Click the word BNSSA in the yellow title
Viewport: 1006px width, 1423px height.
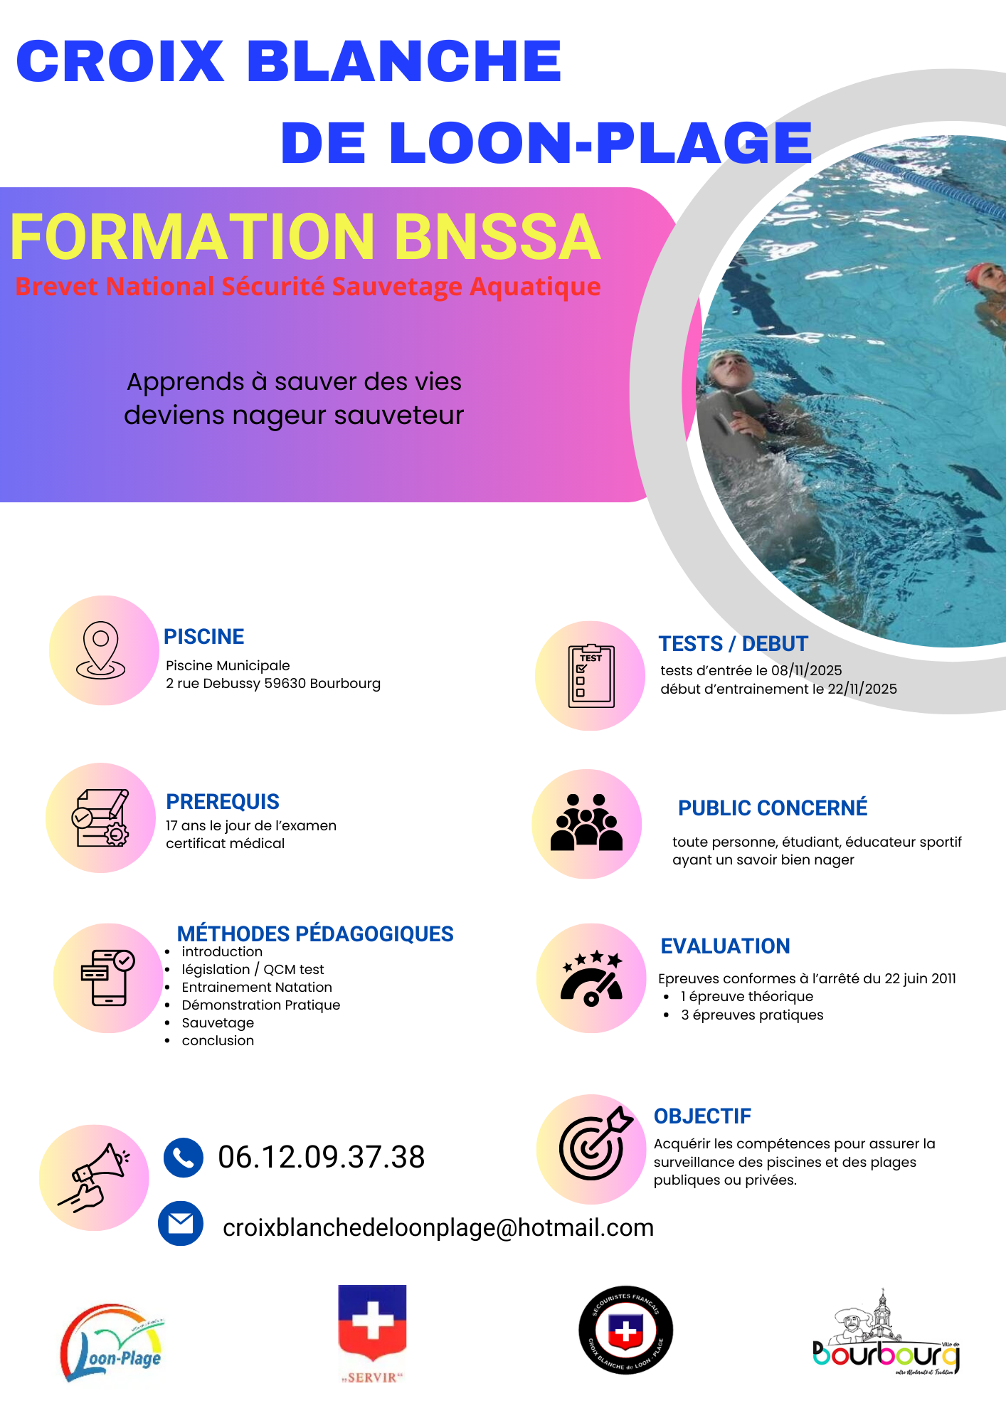click(x=497, y=237)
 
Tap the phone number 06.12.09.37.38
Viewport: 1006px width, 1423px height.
click(x=321, y=1157)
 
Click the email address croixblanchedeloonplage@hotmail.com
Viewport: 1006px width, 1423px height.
click(x=438, y=1227)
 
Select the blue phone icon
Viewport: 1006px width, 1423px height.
click(x=184, y=1158)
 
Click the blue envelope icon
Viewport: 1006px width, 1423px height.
click(x=181, y=1224)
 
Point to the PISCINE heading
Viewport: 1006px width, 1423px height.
click(x=204, y=636)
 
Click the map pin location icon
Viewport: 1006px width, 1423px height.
click(x=101, y=650)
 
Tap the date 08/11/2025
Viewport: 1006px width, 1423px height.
click(x=806, y=670)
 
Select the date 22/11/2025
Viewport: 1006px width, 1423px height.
click(x=862, y=689)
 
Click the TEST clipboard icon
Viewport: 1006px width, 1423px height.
click(x=591, y=676)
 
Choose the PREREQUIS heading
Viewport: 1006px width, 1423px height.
click(x=223, y=802)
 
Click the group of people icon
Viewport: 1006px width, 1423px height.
click(x=586, y=823)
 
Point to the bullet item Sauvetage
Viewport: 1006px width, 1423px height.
click(x=218, y=1022)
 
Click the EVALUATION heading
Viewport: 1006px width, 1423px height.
click(x=725, y=946)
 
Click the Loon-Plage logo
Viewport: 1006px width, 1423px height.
click(x=112, y=1343)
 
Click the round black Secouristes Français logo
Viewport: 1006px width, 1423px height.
click(x=625, y=1330)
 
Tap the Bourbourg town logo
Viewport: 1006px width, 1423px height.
click(x=886, y=1335)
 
